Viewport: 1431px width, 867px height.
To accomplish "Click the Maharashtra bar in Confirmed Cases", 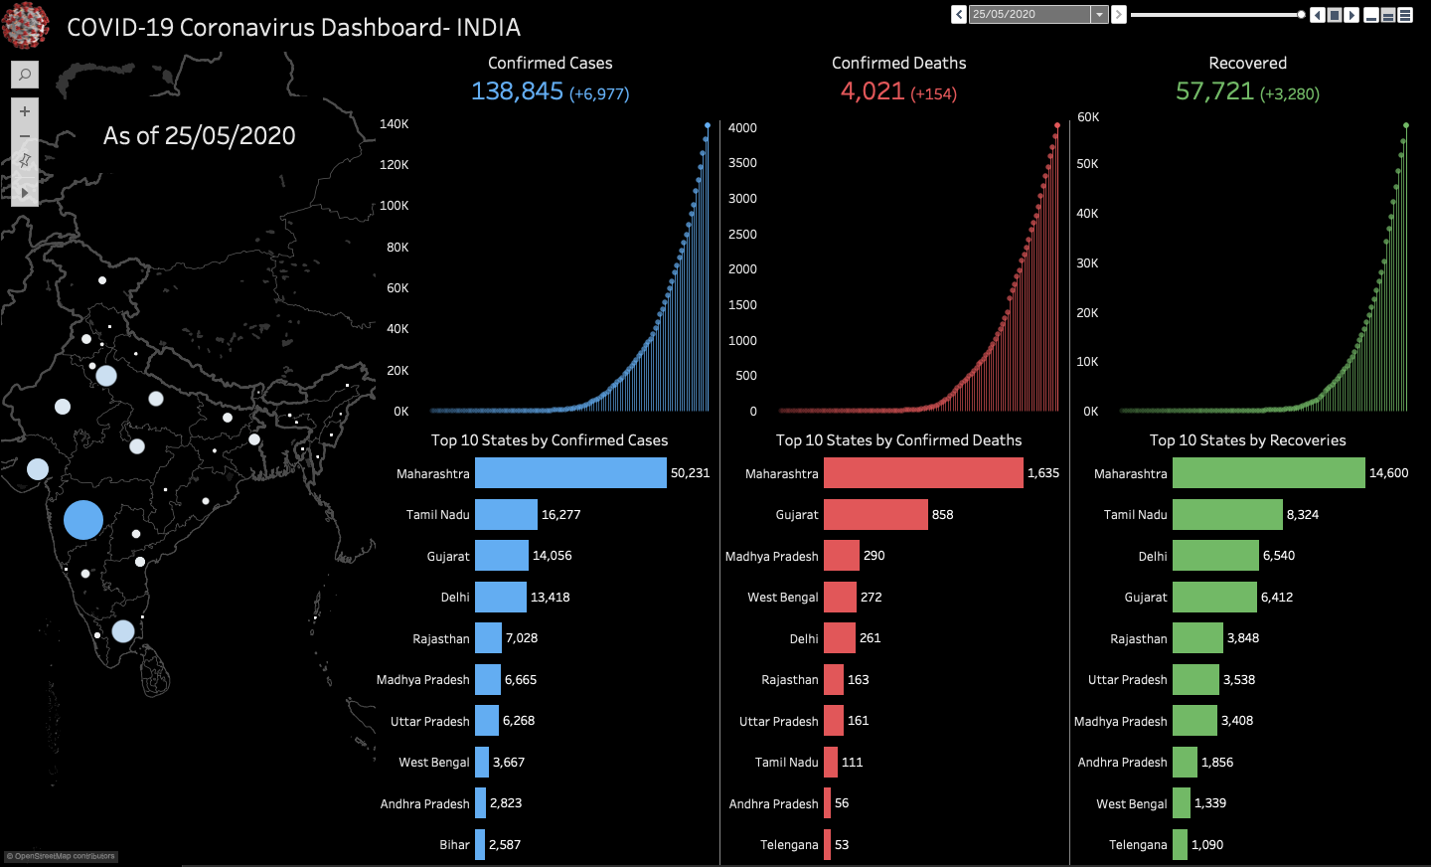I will [x=570, y=473].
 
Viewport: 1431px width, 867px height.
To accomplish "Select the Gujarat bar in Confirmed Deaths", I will [x=875, y=515].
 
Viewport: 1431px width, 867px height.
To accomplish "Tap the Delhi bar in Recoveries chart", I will [x=1215, y=556].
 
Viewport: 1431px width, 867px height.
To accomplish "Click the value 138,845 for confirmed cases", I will [x=517, y=91].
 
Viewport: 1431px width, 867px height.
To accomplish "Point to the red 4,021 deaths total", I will [x=873, y=91].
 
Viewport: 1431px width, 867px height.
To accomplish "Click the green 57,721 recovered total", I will [x=1214, y=91].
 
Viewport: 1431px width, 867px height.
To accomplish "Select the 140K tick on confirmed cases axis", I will [x=395, y=124].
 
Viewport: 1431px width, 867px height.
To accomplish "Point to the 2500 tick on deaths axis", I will [x=742, y=235].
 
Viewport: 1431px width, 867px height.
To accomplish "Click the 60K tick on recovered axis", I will [x=1088, y=117].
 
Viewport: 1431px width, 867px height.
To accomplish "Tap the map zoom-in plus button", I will [x=25, y=111].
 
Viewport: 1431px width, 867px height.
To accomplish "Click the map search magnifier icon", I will [x=25, y=75].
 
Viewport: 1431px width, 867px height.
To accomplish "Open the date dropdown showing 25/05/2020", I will [x=1099, y=15].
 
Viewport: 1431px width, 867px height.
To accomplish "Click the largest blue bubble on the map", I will [x=83, y=520].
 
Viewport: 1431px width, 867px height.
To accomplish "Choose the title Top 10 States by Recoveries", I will [x=1247, y=440].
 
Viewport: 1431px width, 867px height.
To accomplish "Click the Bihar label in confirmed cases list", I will [x=454, y=845].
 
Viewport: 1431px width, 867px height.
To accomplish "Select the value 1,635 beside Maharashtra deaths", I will [x=1043, y=473].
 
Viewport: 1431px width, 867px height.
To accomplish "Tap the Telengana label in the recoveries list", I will [x=1138, y=845].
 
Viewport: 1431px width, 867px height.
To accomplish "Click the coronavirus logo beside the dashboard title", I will [x=26, y=26].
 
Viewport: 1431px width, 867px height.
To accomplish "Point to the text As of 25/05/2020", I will [x=200, y=136].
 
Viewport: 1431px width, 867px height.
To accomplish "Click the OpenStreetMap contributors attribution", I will [x=61, y=856].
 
